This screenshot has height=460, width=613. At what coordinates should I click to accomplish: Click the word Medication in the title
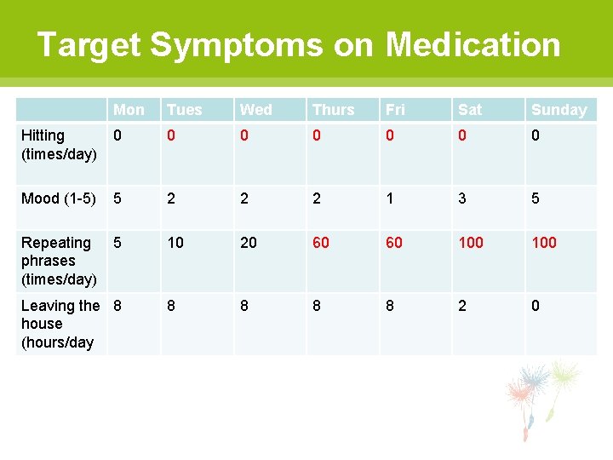(x=473, y=44)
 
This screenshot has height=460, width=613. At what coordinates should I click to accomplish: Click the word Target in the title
(x=89, y=44)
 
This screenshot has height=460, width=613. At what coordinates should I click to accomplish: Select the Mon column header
(x=129, y=109)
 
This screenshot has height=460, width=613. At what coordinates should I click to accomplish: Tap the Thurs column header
(x=333, y=109)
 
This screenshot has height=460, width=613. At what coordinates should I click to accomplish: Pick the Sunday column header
(x=559, y=109)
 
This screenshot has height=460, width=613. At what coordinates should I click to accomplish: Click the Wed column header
(x=256, y=109)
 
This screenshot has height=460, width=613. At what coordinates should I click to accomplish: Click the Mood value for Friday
(x=390, y=198)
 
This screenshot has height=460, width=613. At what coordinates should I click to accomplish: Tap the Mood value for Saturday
(x=462, y=198)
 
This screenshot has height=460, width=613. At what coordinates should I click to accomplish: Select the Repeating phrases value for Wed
(x=249, y=243)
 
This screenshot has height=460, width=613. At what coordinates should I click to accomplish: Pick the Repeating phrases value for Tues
(x=175, y=243)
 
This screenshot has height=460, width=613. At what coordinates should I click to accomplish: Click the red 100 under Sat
(x=471, y=243)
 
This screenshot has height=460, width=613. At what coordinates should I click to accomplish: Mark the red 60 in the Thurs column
(x=321, y=243)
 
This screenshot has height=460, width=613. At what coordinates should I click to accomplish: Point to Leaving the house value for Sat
(x=462, y=306)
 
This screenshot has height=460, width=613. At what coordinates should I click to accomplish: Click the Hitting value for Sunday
(x=536, y=135)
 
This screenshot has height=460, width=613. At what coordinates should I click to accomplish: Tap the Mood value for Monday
(x=117, y=198)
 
